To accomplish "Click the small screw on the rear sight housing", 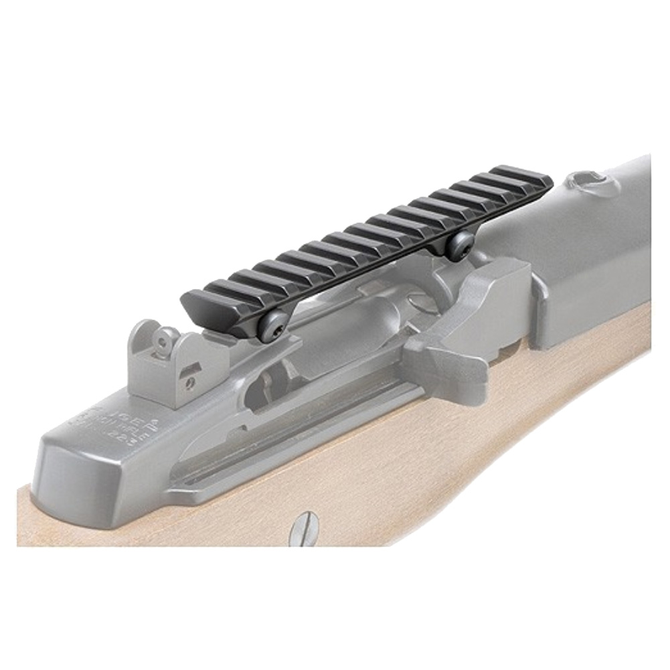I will coord(191,383).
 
